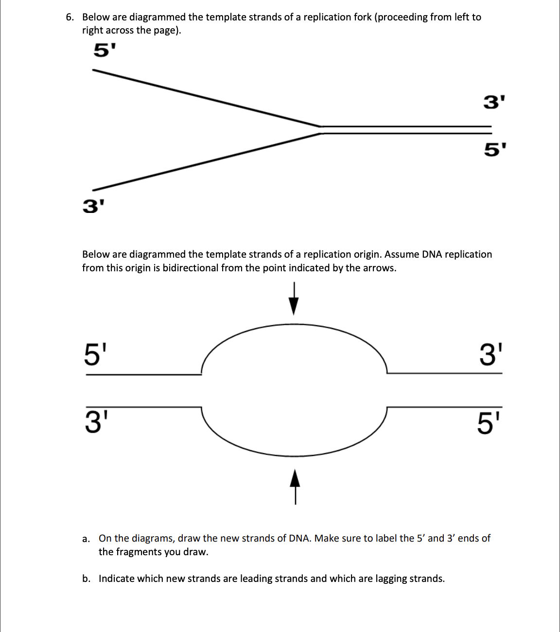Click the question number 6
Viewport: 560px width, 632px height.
70,18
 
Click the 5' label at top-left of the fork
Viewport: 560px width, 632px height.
104,50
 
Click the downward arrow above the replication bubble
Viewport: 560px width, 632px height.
293,299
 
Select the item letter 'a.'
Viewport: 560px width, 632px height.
86,539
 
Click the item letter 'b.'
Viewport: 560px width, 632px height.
86,579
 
